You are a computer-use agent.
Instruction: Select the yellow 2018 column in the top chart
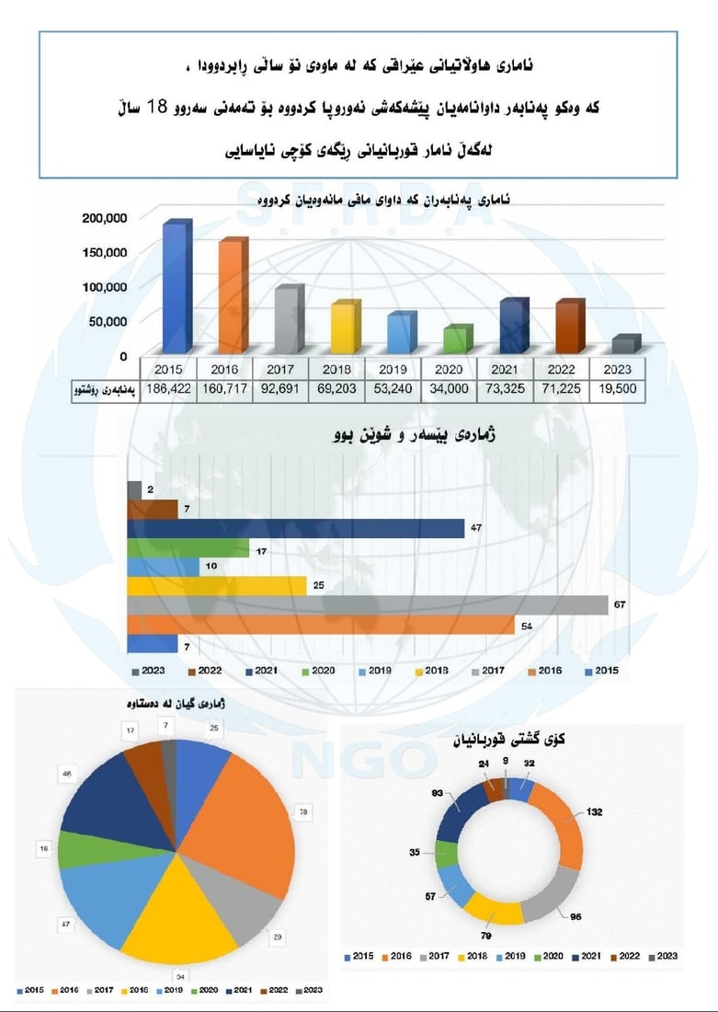point(344,328)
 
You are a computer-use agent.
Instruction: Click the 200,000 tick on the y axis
point(104,218)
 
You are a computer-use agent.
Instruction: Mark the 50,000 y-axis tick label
point(108,321)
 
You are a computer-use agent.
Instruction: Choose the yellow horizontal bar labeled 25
point(216,586)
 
